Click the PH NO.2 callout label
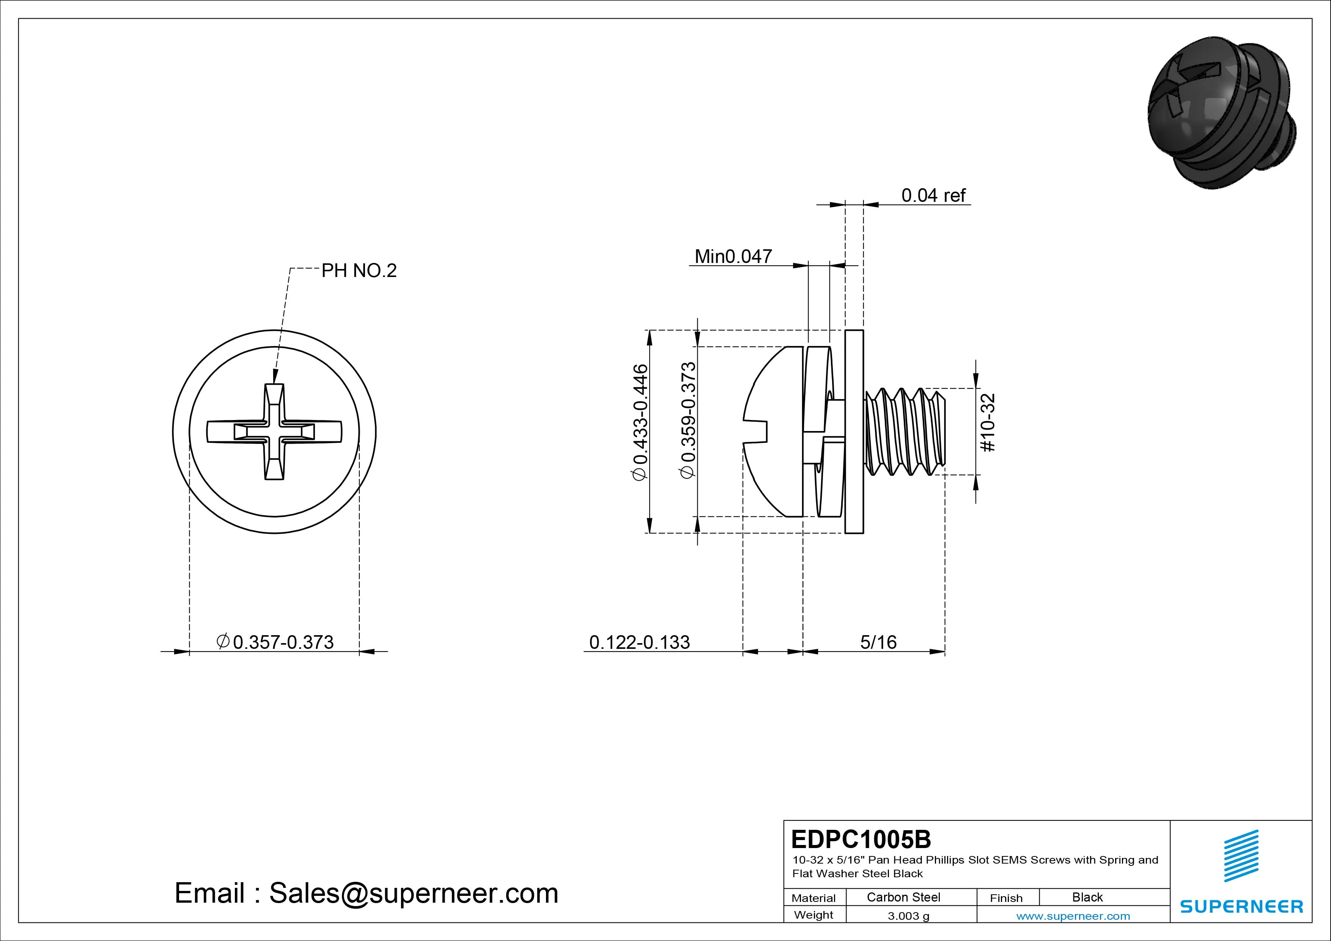pos(359,271)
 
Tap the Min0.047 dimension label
pos(733,256)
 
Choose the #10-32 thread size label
pos(988,423)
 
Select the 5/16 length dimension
pos(878,642)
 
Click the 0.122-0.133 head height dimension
pos(639,642)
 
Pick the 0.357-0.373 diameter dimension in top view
pos(275,642)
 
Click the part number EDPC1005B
pos(861,839)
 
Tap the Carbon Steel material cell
pos(903,897)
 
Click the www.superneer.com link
pos(1073,916)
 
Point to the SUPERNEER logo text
pos(1241,906)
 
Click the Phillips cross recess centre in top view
pos(274,432)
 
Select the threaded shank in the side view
pos(904,432)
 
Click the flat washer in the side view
pos(854,431)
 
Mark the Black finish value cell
pos(1087,897)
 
